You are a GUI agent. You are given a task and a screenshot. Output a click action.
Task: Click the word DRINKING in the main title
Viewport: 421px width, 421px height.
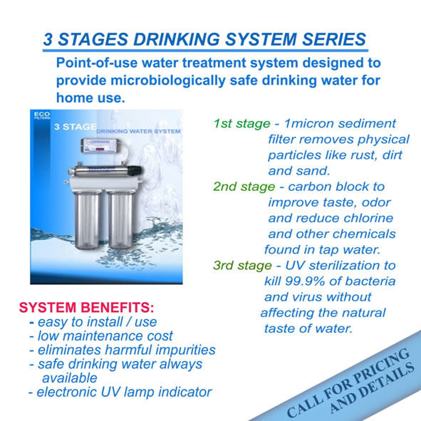coord(177,39)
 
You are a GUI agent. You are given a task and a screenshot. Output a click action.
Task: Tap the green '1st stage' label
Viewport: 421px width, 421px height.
coord(242,124)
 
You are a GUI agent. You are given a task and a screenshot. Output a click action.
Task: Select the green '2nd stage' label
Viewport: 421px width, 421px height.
coord(244,187)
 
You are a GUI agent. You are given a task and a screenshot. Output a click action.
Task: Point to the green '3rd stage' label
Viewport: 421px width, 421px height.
coord(242,266)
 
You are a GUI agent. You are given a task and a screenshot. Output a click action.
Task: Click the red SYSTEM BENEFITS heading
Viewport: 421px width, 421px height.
coord(86,308)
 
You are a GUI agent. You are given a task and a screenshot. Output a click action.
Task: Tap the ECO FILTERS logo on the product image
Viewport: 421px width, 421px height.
coord(42,115)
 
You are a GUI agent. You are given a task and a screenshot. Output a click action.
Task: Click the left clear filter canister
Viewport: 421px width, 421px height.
coord(88,219)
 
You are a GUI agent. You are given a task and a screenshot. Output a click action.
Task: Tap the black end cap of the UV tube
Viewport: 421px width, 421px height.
coord(135,171)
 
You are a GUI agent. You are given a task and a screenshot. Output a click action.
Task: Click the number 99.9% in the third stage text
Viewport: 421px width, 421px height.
coord(304,281)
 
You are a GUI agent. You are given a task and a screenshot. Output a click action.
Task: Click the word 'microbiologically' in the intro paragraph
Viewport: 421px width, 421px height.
coord(168,80)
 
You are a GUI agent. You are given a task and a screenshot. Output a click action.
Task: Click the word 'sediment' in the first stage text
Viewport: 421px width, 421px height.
coord(367,124)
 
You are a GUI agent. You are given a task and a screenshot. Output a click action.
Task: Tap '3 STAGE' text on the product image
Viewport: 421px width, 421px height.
coord(76,127)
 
